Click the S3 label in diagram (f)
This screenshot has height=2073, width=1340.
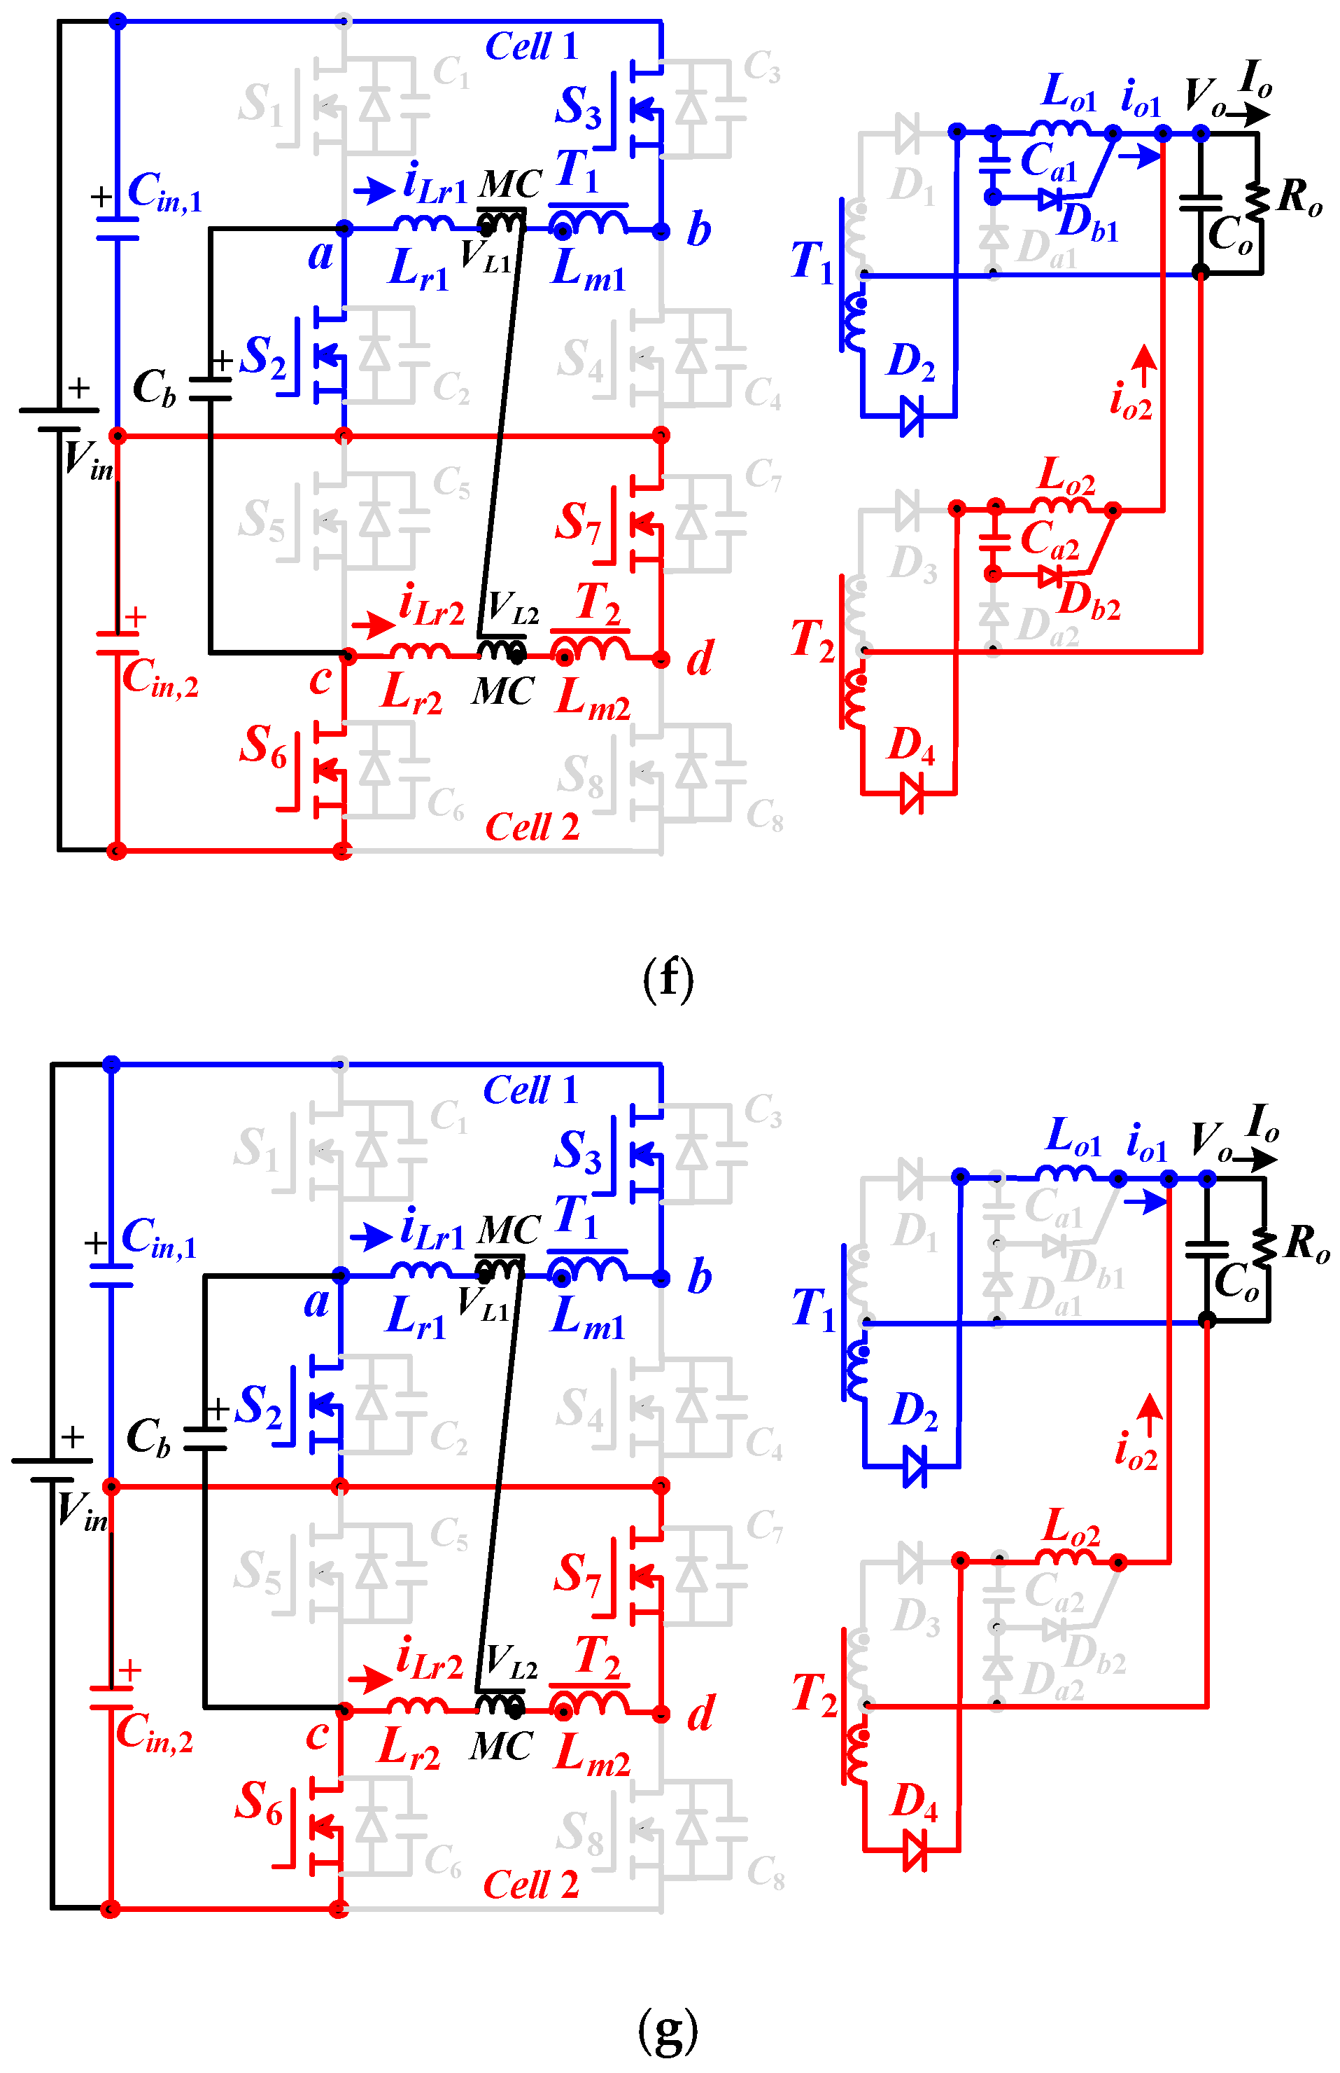[x=578, y=108]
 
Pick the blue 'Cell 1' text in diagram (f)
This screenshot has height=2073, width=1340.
[x=531, y=46]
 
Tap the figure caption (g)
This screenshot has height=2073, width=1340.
[x=668, y=2030]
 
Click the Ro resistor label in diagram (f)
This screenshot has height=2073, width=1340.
[x=1300, y=197]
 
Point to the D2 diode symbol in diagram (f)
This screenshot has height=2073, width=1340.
[x=910, y=416]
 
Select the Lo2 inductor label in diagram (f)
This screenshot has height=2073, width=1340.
[x=1067, y=475]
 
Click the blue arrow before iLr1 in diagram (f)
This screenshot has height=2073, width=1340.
[x=374, y=190]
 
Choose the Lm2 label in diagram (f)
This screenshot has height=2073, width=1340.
[x=592, y=698]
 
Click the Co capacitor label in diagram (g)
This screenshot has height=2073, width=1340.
[x=1236, y=1282]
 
